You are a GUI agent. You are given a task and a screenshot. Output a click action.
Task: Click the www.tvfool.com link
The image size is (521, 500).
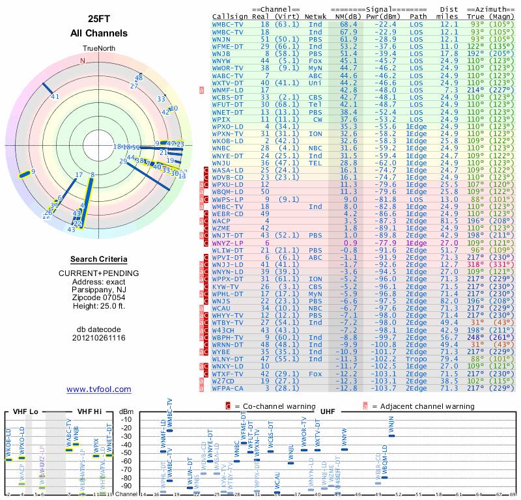pyautogui.click(x=98, y=389)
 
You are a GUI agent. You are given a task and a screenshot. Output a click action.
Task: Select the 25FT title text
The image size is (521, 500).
pyautogui.click(x=98, y=18)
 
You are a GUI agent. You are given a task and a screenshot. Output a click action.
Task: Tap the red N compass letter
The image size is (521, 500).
pyautogui.click(x=83, y=61)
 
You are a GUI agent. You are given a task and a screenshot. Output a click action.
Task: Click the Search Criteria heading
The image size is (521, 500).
pyautogui.click(x=98, y=259)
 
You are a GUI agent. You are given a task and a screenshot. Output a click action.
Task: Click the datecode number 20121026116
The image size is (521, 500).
pyautogui.click(x=98, y=338)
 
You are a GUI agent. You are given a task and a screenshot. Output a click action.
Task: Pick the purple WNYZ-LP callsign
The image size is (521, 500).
pyautogui.click(x=227, y=242)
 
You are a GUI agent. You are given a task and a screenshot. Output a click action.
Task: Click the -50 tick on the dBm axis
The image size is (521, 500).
pyautogui.click(x=126, y=452)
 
